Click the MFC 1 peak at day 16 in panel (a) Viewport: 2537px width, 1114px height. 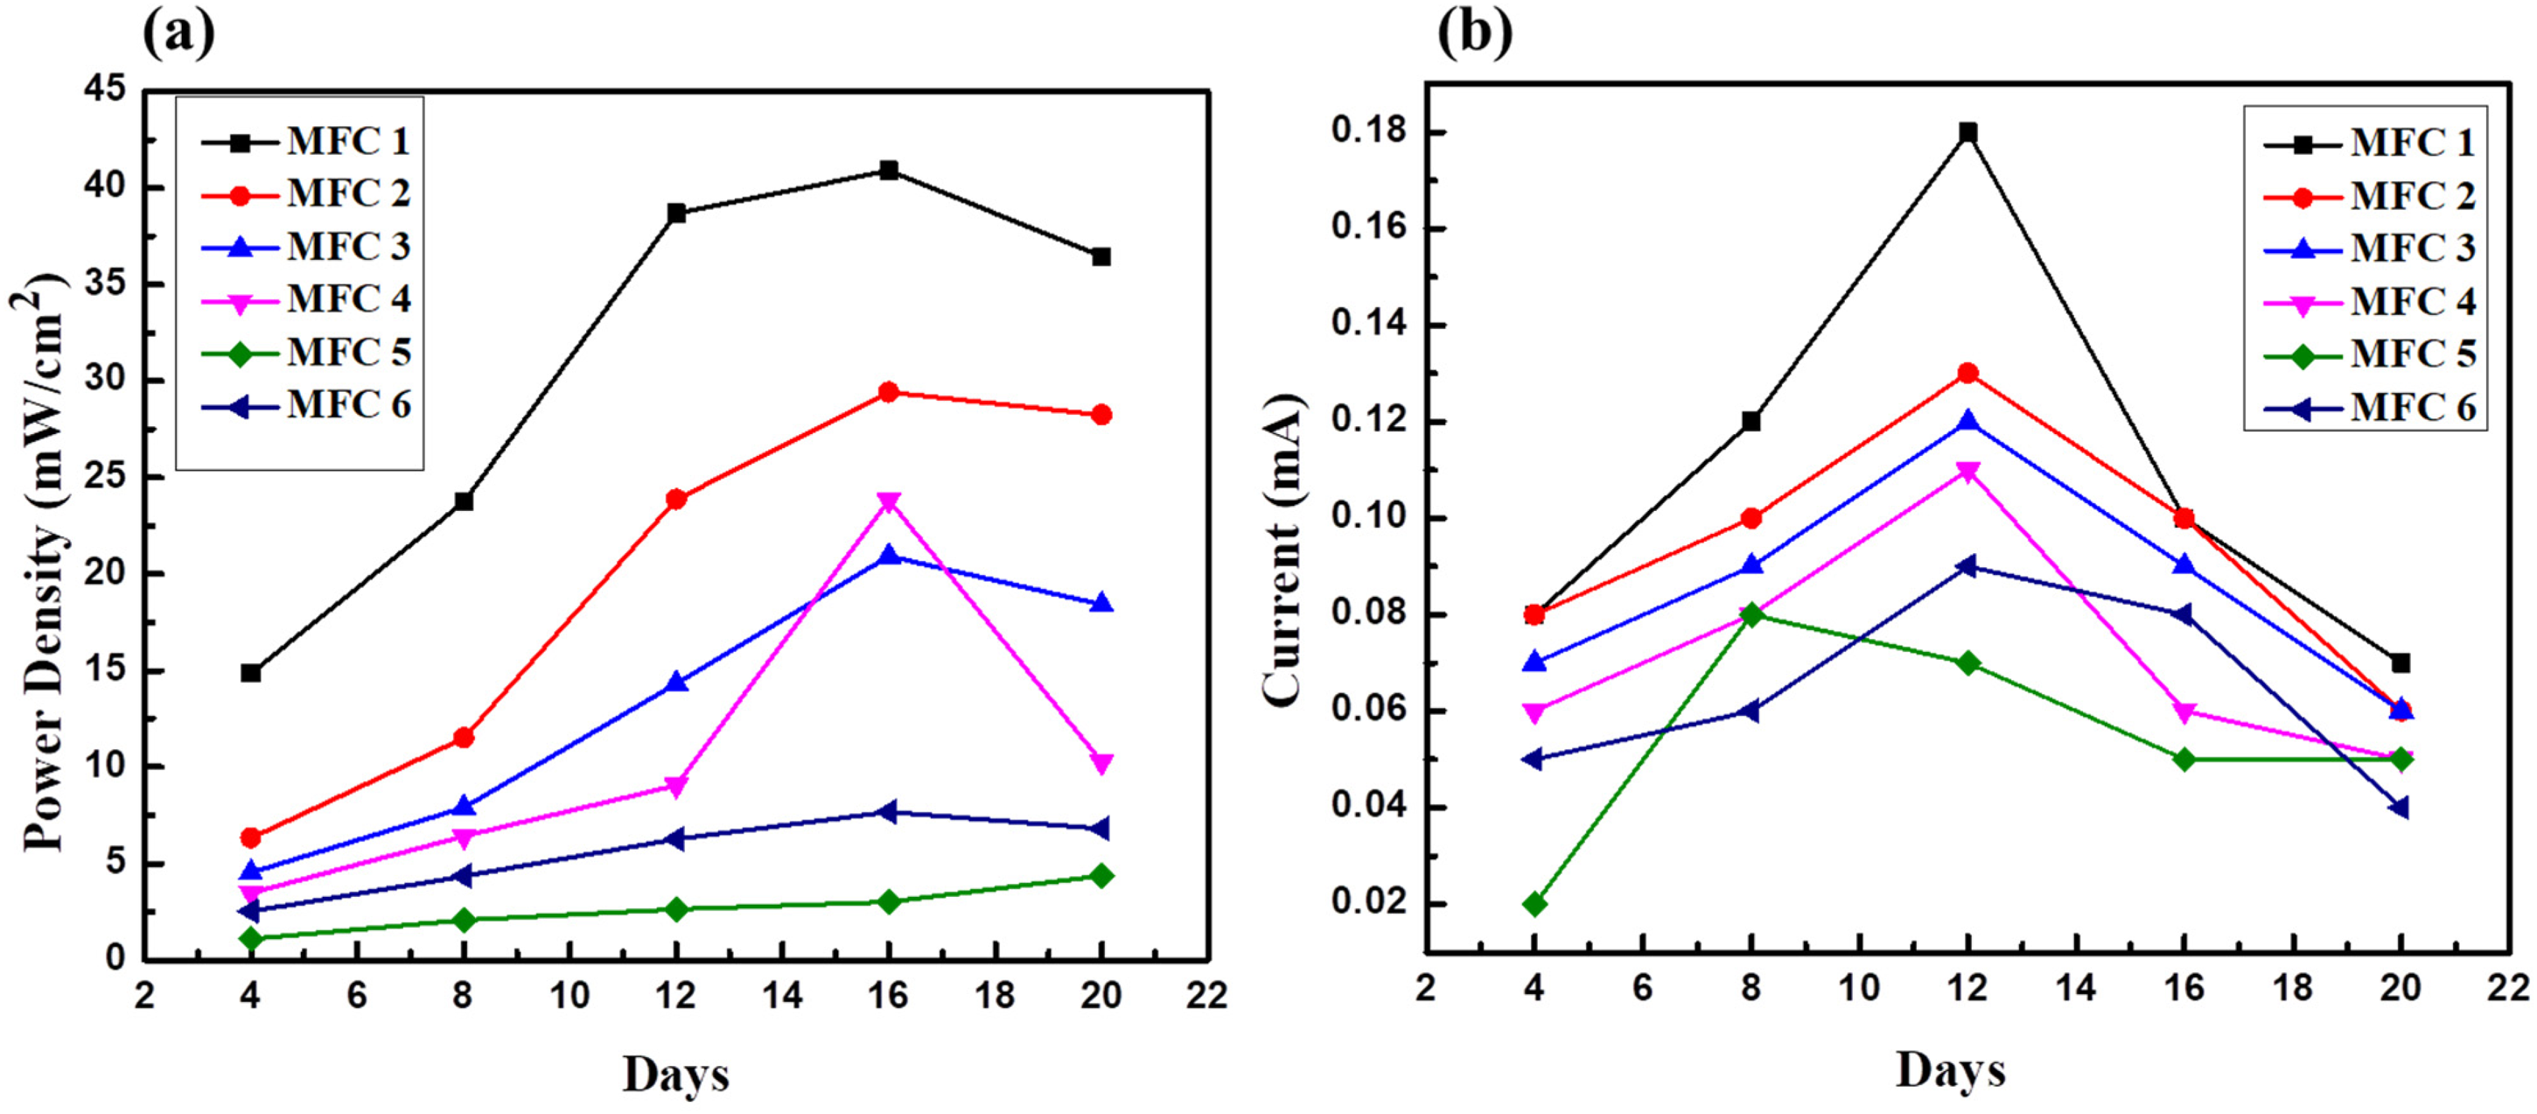pos(888,171)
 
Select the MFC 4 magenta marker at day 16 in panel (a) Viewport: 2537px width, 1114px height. pos(888,502)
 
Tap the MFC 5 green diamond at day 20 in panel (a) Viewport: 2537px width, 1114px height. pos(1101,876)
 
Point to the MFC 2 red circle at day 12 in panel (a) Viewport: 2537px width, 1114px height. pos(675,500)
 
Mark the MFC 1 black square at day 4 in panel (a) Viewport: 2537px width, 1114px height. pos(250,673)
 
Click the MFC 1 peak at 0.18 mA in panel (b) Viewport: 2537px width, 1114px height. pos(1967,132)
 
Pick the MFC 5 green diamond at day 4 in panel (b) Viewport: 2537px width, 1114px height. pos(1534,904)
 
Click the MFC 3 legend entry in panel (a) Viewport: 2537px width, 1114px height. pos(306,246)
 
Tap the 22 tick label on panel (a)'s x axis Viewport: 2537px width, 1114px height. pos(1207,995)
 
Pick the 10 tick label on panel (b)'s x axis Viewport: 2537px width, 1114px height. pos(1859,987)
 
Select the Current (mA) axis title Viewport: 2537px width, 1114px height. pos(1282,550)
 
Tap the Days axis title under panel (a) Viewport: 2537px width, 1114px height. pos(675,1074)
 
